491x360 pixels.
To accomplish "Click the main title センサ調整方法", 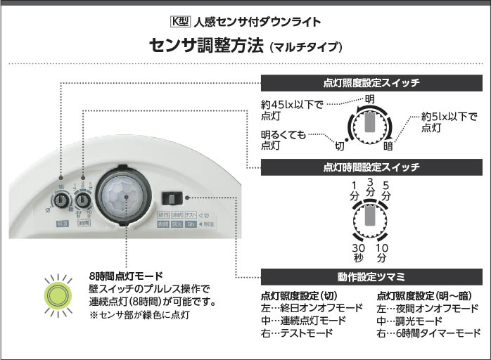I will pos(207,46).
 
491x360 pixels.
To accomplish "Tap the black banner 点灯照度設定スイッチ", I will pos(371,83).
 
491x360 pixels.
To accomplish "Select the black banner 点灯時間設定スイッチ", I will pos(371,167).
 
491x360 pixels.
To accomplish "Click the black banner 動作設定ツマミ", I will pos(371,275).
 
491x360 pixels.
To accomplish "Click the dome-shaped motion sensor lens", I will pos(125,197).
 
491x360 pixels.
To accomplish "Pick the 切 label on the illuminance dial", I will pos(340,146).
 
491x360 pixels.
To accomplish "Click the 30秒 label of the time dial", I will pos(359,253).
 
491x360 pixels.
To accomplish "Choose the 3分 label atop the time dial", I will pos(371,187).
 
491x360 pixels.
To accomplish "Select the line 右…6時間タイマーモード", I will pos(428,333).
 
